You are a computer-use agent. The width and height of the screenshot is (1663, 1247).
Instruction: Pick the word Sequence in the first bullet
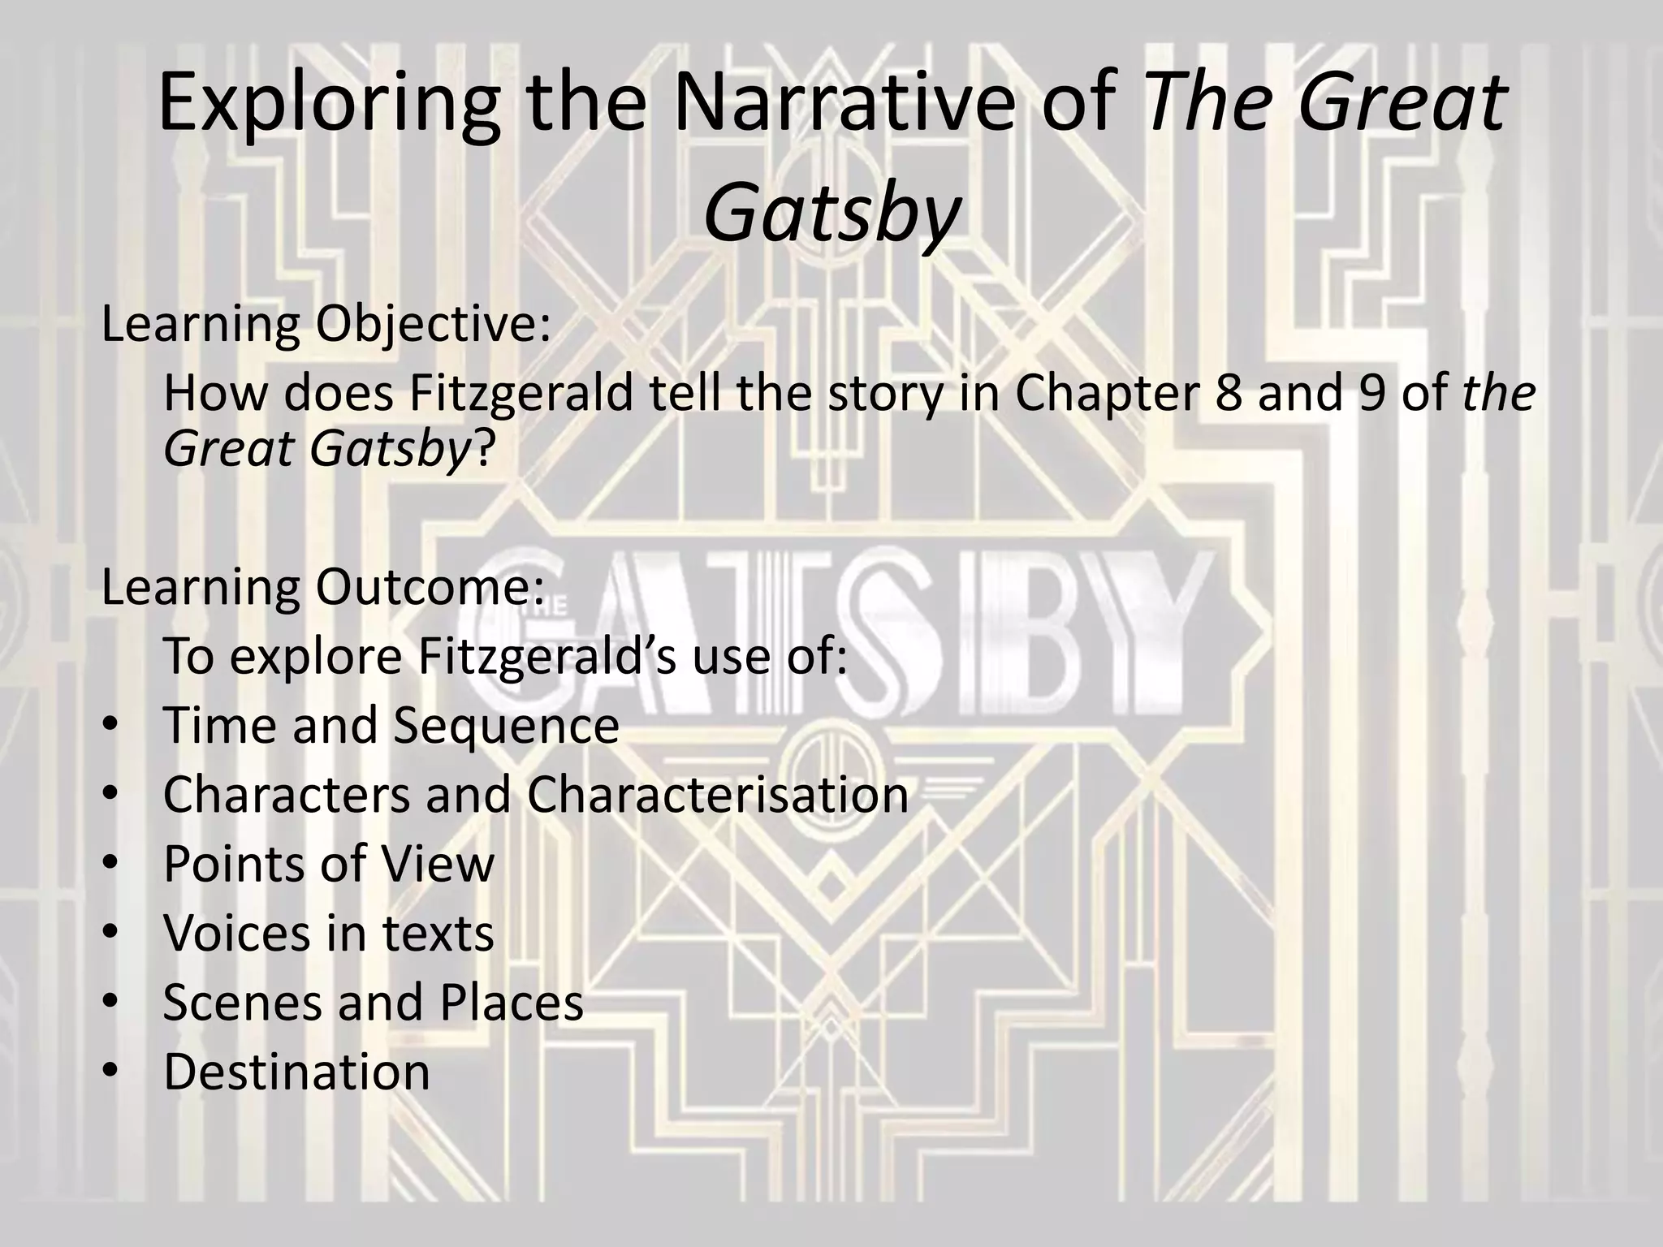coord(506,725)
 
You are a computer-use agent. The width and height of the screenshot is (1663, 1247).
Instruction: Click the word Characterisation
coord(718,795)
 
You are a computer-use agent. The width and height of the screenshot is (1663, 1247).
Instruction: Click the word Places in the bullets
coord(512,1003)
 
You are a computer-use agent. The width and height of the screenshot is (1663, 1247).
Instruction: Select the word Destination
coord(296,1072)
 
